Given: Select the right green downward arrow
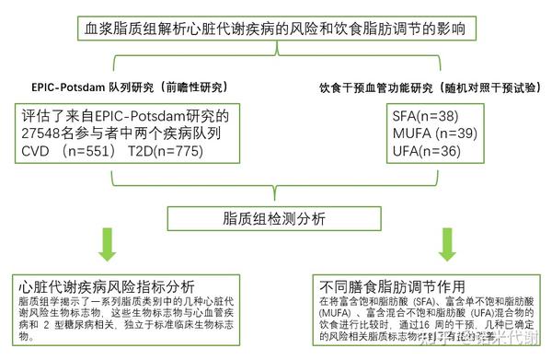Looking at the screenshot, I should [448, 242].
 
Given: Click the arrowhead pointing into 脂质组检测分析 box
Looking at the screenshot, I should [275, 203].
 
